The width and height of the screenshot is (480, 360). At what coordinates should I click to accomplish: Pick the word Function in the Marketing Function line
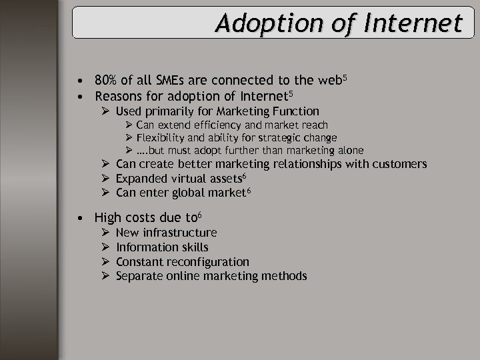[x=297, y=111]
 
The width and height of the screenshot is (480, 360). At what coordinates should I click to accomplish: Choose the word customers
[x=401, y=164]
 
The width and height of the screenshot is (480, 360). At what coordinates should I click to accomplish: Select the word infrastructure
[x=180, y=233]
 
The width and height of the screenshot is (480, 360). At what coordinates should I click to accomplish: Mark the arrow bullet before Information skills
[x=105, y=247]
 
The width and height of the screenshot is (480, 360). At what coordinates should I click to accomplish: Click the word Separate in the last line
[x=138, y=276]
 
